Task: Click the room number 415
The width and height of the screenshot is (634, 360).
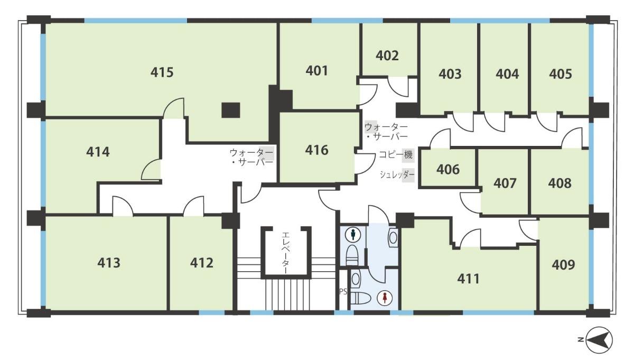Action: tap(162, 72)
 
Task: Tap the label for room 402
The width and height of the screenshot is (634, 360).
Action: tap(387, 56)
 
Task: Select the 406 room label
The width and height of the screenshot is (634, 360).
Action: tap(448, 169)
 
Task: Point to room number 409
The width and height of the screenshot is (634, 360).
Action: tap(563, 265)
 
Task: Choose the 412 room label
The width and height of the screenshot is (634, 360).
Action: tap(201, 263)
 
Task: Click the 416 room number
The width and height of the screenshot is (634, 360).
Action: tap(316, 150)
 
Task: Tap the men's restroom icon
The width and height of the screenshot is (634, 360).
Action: tap(353, 235)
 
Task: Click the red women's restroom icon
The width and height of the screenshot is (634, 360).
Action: tap(385, 298)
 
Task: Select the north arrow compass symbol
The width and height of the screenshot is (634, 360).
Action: tap(599, 340)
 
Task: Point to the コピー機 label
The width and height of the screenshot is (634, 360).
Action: tap(396, 155)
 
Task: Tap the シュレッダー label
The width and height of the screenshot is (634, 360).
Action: tap(397, 174)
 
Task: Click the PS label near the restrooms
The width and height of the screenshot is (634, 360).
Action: tap(343, 291)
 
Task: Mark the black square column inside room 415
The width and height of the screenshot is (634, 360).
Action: tap(231, 110)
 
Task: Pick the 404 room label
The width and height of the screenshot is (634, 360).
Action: tap(507, 74)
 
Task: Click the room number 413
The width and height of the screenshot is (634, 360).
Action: tap(109, 263)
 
